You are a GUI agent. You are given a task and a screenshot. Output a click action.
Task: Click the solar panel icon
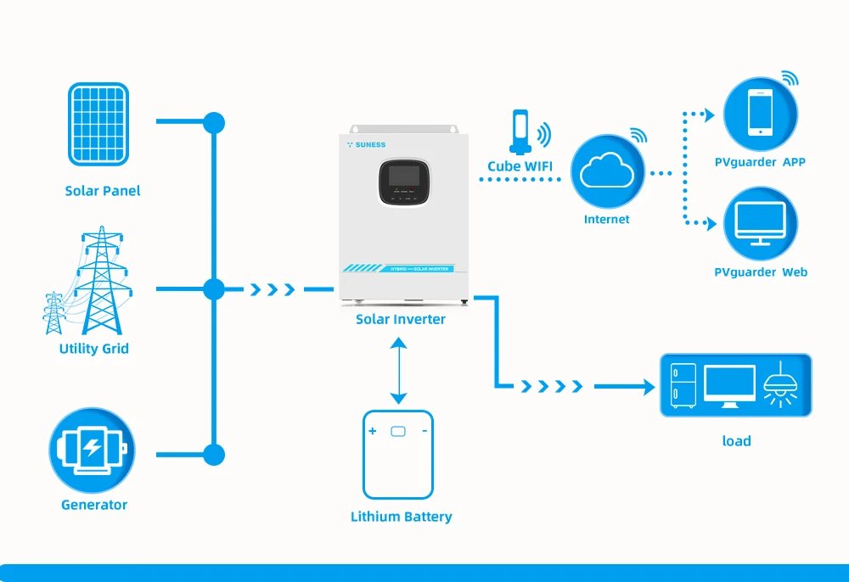[98, 124]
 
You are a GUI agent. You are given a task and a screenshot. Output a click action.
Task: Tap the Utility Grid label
[94, 349]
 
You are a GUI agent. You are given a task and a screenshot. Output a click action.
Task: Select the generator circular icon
[92, 450]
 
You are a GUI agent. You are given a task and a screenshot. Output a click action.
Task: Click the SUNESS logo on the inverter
[367, 145]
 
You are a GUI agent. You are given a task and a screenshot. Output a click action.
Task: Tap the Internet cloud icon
[606, 172]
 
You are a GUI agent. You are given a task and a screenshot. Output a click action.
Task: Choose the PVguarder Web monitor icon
[760, 224]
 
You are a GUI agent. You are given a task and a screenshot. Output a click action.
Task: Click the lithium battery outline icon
[398, 455]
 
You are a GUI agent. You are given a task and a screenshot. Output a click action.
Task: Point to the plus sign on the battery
[372, 431]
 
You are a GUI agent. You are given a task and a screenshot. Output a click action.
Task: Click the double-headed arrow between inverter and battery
[398, 370]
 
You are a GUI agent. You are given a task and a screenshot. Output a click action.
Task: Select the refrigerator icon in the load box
[683, 386]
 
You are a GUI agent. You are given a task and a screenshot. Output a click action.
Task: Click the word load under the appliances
[736, 441]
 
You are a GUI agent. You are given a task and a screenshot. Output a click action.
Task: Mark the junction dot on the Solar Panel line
[214, 122]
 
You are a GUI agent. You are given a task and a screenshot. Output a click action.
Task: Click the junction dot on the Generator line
[214, 455]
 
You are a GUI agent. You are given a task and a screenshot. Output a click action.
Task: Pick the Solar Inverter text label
[400, 320]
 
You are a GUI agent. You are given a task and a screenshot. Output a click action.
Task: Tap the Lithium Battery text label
[401, 517]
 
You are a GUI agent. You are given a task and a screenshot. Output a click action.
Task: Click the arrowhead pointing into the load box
[649, 387]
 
